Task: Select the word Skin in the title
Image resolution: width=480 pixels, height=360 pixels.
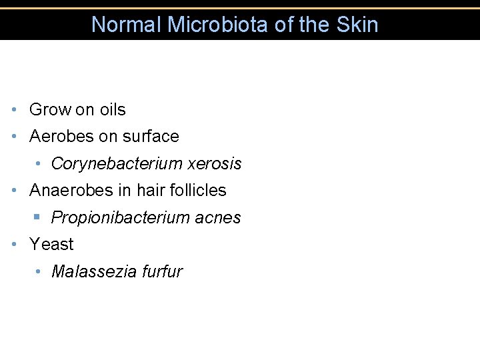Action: click(x=358, y=25)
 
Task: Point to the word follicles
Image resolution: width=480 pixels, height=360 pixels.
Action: click(x=198, y=191)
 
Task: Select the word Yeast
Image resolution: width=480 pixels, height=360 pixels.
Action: click(x=51, y=245)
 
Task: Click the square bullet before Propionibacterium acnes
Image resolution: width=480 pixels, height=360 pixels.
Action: click(x=39, y=217)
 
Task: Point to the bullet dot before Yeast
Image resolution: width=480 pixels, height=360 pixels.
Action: click(x=15, y=245)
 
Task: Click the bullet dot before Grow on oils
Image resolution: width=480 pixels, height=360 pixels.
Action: click(x=15, y=109)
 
